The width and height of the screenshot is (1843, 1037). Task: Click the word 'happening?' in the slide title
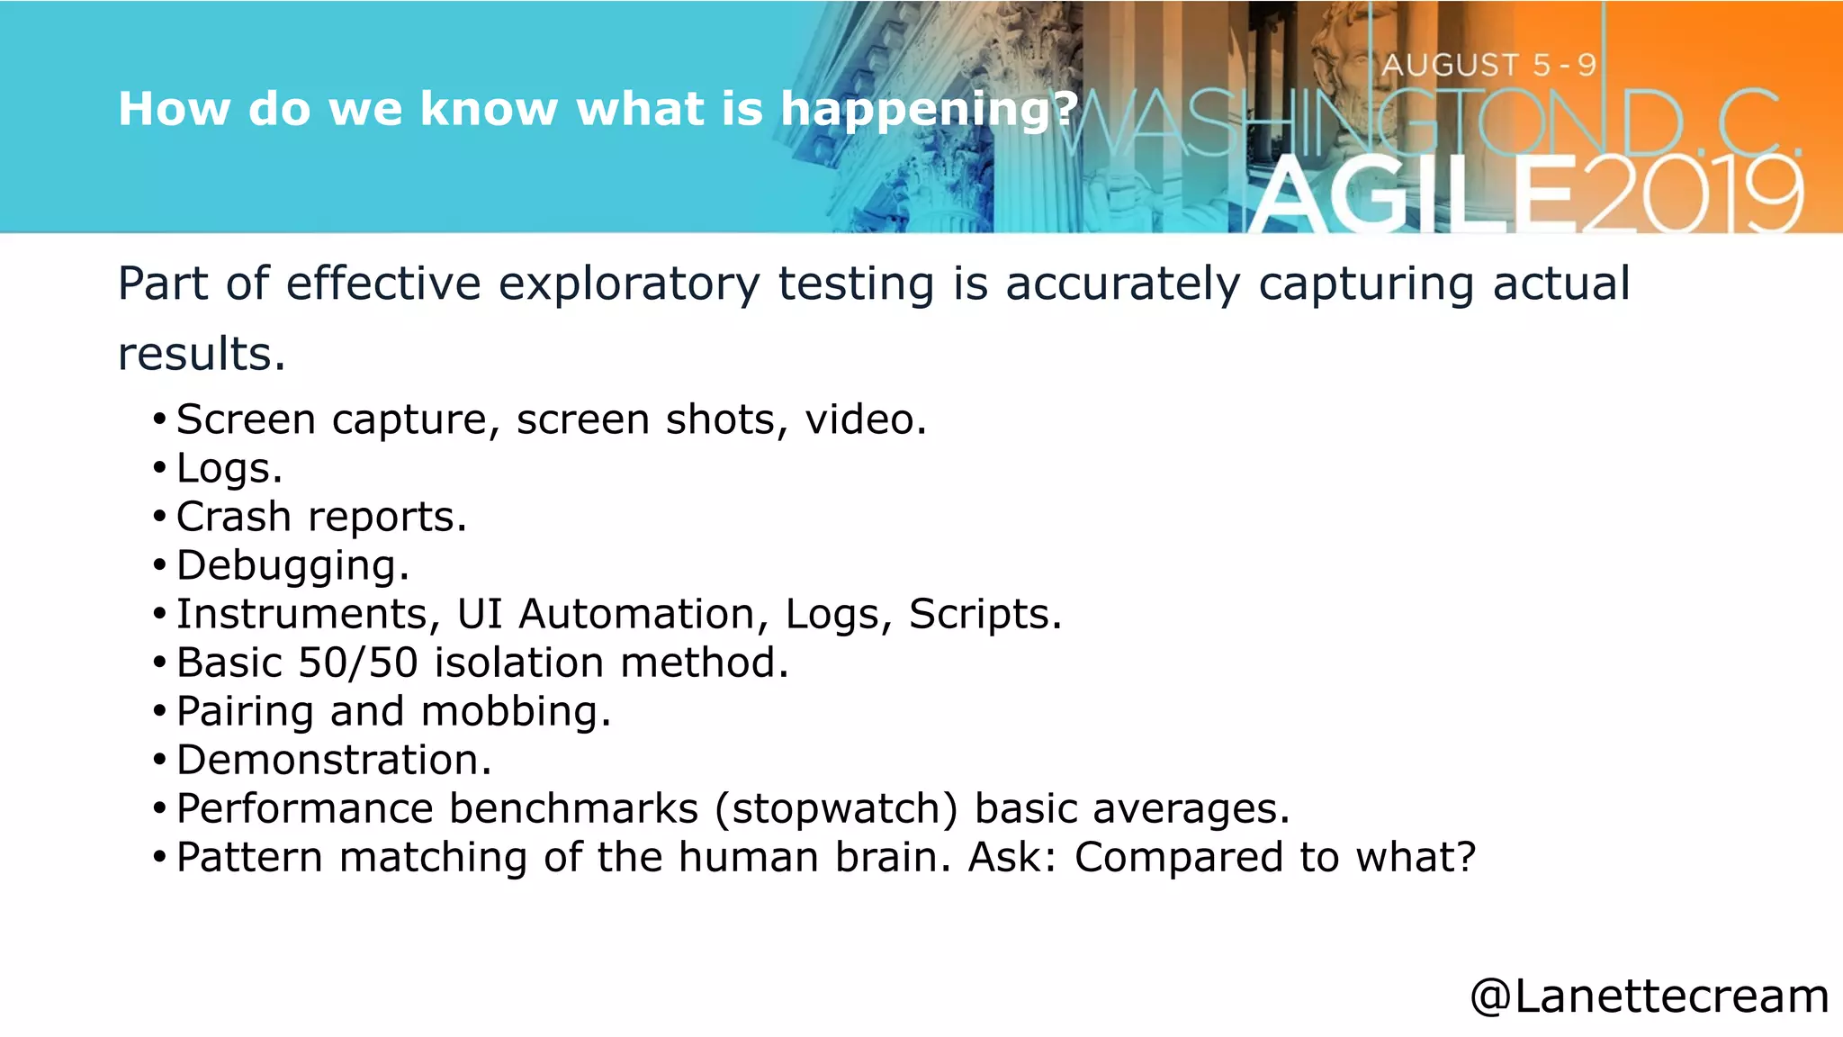click(929, 110)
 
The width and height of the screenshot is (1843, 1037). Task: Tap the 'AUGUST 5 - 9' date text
click(1488, 65)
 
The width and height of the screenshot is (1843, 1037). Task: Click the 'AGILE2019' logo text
click(1526, 194)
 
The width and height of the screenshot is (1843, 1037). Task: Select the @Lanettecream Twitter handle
click(1649, 996)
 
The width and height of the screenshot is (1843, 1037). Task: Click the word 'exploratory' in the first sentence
click(629, 284)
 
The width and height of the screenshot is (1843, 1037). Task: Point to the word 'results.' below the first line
click(202, 354)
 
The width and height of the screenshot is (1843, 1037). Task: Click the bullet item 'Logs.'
click(229, 468)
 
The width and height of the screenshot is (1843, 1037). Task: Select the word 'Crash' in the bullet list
click(233, 517)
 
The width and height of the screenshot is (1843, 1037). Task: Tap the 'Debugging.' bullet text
click(292, 566)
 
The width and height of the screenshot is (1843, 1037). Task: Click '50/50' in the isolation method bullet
click(357, 663)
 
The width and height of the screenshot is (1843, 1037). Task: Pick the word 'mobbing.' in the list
click(516, 711)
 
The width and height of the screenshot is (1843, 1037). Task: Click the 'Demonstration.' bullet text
click(334, 760)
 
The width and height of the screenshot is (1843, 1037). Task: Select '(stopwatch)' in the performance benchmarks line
click(837, 808)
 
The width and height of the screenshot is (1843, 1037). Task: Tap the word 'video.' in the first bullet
click(865, 419)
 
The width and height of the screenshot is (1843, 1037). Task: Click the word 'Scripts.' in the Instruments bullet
click(984, 614)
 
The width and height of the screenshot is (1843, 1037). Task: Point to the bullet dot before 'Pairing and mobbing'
click(159, 711)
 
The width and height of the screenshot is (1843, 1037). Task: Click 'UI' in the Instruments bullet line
click(479, 614)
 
